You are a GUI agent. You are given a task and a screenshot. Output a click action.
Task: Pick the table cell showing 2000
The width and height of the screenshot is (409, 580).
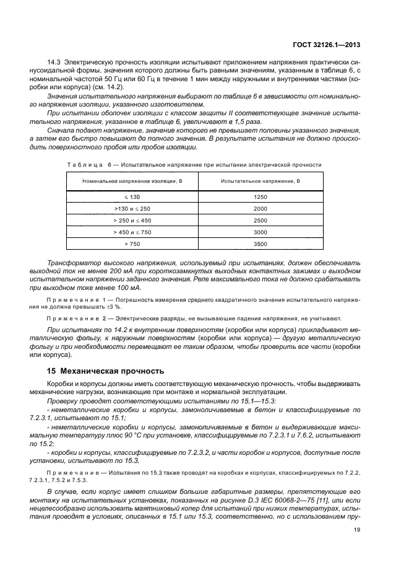[x=260, y=208]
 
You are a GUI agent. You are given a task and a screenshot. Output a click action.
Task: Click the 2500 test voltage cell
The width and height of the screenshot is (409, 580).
[x=260, y=220]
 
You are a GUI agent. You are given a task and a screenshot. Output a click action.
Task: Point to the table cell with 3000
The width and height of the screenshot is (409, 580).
[x=260, y=232]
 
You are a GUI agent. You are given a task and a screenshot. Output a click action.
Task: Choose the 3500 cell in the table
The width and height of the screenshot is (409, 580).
[x=260, y=244]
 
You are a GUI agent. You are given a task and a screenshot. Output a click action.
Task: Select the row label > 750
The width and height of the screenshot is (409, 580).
[x=132, y=244]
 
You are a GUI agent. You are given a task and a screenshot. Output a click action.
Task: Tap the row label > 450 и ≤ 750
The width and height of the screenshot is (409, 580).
[x=132, y=232]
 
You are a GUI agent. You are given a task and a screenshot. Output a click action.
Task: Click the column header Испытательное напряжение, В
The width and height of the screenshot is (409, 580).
[x=260, y=180]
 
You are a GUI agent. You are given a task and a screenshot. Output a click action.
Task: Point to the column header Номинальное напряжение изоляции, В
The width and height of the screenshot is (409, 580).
[x=132, y=180]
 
